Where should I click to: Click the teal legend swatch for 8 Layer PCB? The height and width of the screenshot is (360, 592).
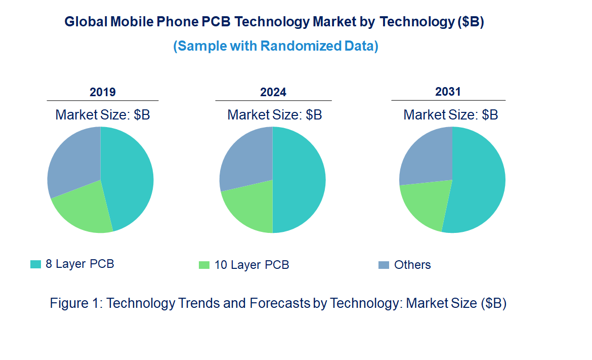(x=35, y=264)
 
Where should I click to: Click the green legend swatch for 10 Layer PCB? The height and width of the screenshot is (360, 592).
(x=204, y=265)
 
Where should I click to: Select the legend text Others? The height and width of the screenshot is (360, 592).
(x=412, y=265)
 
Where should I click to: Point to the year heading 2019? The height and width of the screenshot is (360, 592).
(x=103, y=92)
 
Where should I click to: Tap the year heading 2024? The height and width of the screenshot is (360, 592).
(x=273, y=92)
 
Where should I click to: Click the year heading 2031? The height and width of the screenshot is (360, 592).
(x=448, y=92)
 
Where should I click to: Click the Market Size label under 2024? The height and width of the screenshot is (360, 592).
(x=274, y=115)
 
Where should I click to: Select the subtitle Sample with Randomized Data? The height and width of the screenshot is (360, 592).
(x=276, y=46)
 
